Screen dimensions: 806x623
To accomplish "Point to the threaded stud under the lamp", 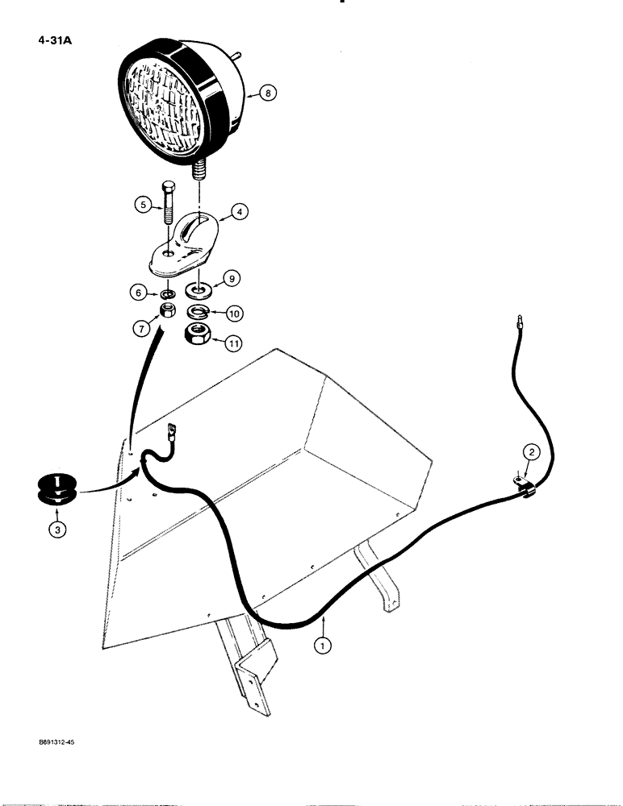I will coord(199,172).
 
